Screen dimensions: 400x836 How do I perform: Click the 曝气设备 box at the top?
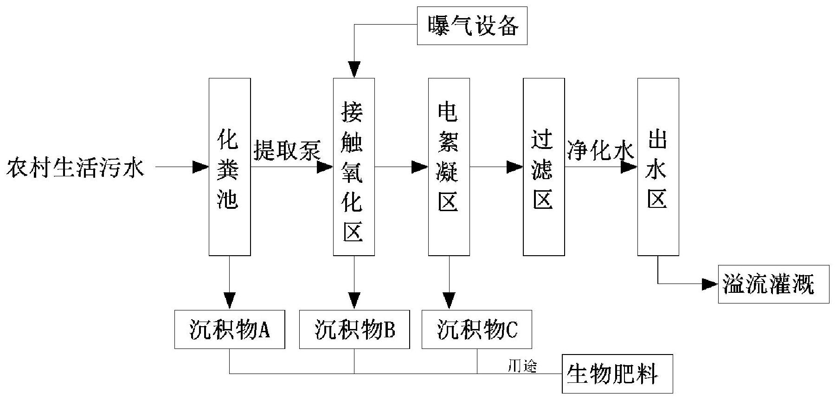tap(472, 26)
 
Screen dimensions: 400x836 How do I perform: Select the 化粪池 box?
tap(230, 167)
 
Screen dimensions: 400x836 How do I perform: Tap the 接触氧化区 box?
tap(354, 167)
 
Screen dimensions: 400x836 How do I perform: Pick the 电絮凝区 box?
tap(449, 167)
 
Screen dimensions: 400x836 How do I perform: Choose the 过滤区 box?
tap(544, 167)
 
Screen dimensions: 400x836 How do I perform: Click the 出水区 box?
tap(658, 167)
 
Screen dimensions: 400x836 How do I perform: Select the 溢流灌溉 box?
tap(773, 284)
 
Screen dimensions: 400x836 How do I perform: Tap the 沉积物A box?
tap(230, 329)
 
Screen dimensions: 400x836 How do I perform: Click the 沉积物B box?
tap(354, 329)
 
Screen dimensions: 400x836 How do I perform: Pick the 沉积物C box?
tap(476, 329)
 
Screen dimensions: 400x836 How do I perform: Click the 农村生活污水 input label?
tap(76, 167)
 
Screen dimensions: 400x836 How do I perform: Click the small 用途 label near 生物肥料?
tap(522, 367)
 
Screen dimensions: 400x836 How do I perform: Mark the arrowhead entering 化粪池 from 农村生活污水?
tap(201, 167)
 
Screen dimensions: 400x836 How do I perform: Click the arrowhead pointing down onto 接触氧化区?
tap(354, 70)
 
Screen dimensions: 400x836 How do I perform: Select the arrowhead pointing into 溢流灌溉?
tap(710, 284)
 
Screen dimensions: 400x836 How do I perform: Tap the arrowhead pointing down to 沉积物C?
tap(449, 301)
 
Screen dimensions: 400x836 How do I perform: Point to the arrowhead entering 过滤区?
tap(515, 167)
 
